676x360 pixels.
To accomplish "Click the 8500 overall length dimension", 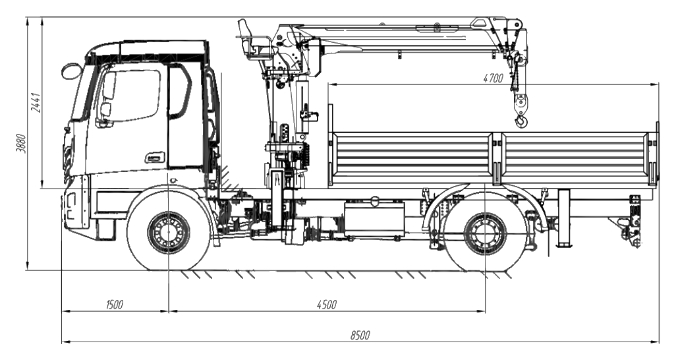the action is pos(360,336).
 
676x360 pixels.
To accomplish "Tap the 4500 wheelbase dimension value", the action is pos(326,305).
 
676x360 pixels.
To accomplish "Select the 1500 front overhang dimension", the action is pos(114,305).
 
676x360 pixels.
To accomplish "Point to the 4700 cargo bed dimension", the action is pos(493,78).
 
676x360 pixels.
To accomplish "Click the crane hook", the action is pos(521,121).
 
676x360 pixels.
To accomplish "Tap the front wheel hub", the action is pos(169,233).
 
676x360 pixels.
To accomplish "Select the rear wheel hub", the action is pos(485,233).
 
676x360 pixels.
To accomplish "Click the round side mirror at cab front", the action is pos(71,71).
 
